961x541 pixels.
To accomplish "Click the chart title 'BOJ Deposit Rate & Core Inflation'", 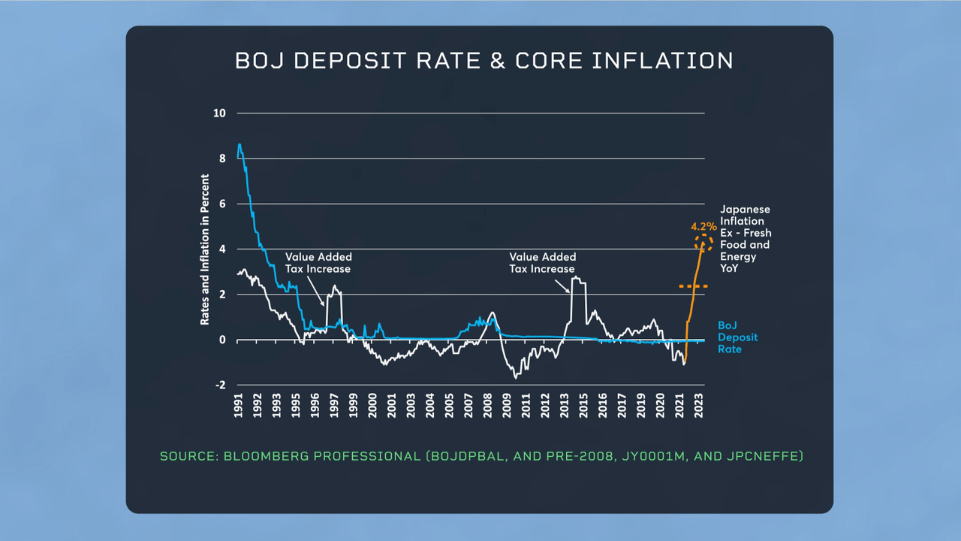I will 484,61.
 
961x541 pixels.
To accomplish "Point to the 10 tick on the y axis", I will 220,113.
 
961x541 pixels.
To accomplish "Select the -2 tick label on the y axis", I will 221,385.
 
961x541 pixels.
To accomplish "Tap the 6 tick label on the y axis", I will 222,204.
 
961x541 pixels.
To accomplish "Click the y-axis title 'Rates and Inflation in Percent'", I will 204,249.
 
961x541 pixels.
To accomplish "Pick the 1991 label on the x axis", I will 238,405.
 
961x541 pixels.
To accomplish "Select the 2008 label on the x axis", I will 487,405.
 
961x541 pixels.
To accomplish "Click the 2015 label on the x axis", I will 583,405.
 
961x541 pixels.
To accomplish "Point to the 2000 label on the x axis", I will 372,405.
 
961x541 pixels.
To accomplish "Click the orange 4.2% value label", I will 703,226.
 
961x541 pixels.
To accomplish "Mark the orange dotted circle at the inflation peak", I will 704,242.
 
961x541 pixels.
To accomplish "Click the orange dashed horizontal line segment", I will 693,286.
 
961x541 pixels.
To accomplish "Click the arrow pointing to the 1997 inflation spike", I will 322,298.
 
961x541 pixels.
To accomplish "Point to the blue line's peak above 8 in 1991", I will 239,144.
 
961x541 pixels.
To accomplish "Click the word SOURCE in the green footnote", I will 188,456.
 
